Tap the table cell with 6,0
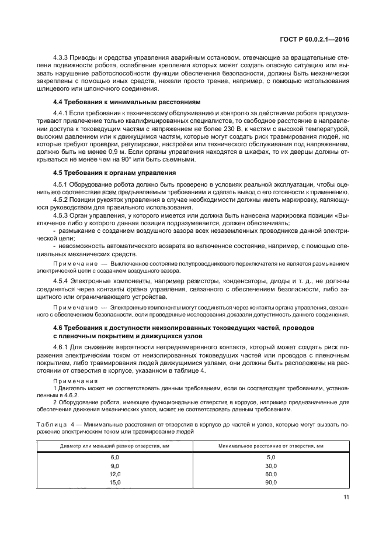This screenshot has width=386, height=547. [x=114, y=457]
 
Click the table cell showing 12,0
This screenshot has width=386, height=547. [x=114, y=474]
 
